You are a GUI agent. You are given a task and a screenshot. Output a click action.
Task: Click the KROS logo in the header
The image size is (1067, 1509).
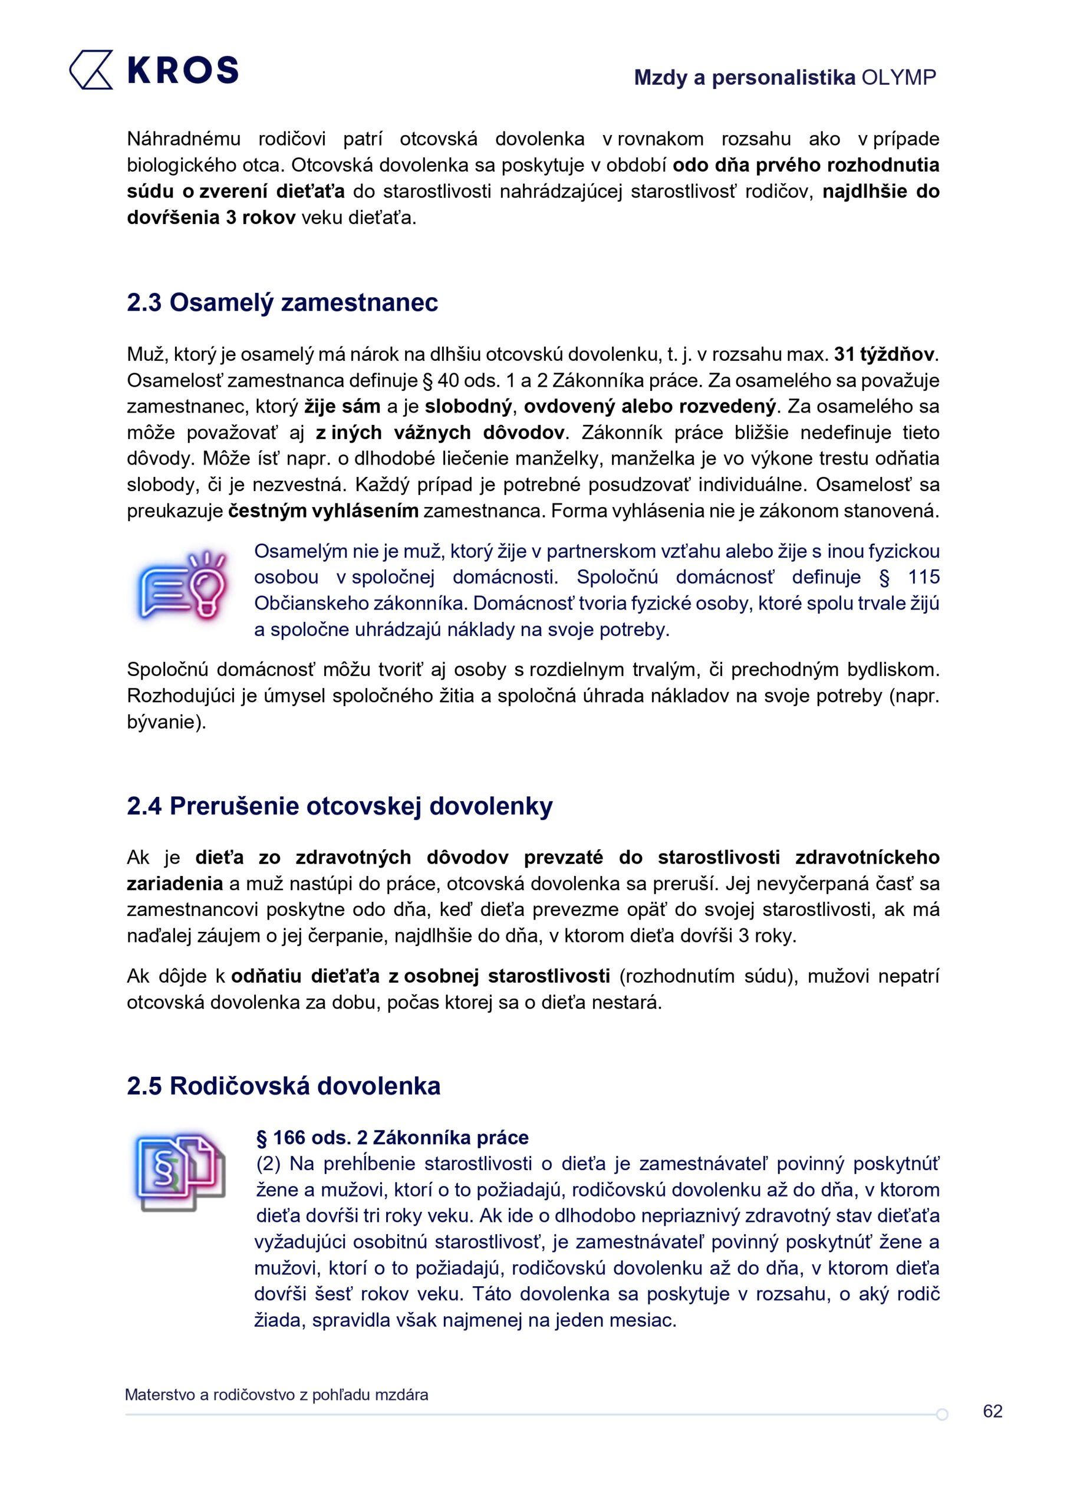click(154, 70)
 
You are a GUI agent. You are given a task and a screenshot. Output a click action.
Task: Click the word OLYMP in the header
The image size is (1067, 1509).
click(898, 78)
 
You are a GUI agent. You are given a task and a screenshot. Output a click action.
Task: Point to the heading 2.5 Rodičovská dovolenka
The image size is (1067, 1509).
click(284, 1086)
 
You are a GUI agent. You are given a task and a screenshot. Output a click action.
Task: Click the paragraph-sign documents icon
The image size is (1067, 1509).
click(179, 1172)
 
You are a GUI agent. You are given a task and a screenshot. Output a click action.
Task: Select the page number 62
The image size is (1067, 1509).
click(992, 1411)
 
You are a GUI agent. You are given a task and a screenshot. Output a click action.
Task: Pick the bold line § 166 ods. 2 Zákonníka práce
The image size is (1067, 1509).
click(392, 1138)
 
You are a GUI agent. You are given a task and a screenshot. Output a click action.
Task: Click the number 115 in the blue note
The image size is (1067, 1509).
click(923, 577)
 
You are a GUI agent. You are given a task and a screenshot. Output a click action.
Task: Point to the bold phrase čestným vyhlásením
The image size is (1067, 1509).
click(324, 510)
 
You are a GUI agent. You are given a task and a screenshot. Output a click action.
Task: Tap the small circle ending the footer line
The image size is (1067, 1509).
click(942, 1414)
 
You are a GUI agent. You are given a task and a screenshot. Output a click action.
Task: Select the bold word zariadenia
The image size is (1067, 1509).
click(175, 884)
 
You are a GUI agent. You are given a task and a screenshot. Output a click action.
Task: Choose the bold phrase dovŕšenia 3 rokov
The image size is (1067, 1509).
click(211, 218)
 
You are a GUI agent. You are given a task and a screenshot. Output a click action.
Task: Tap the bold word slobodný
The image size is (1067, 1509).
click(467, 406)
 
